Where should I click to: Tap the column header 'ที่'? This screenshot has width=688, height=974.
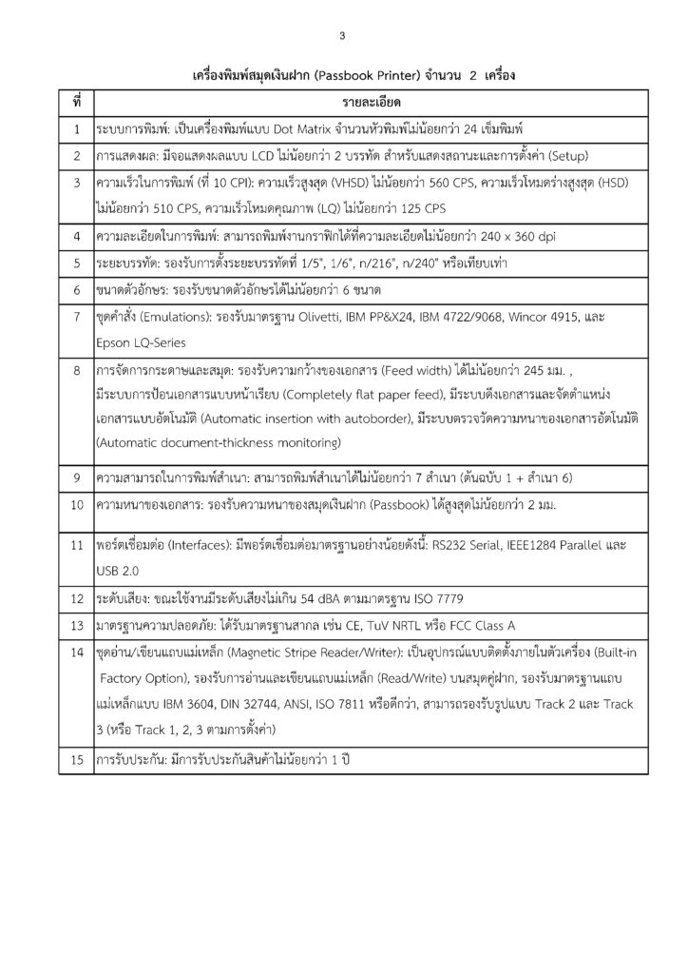(75, 101)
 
